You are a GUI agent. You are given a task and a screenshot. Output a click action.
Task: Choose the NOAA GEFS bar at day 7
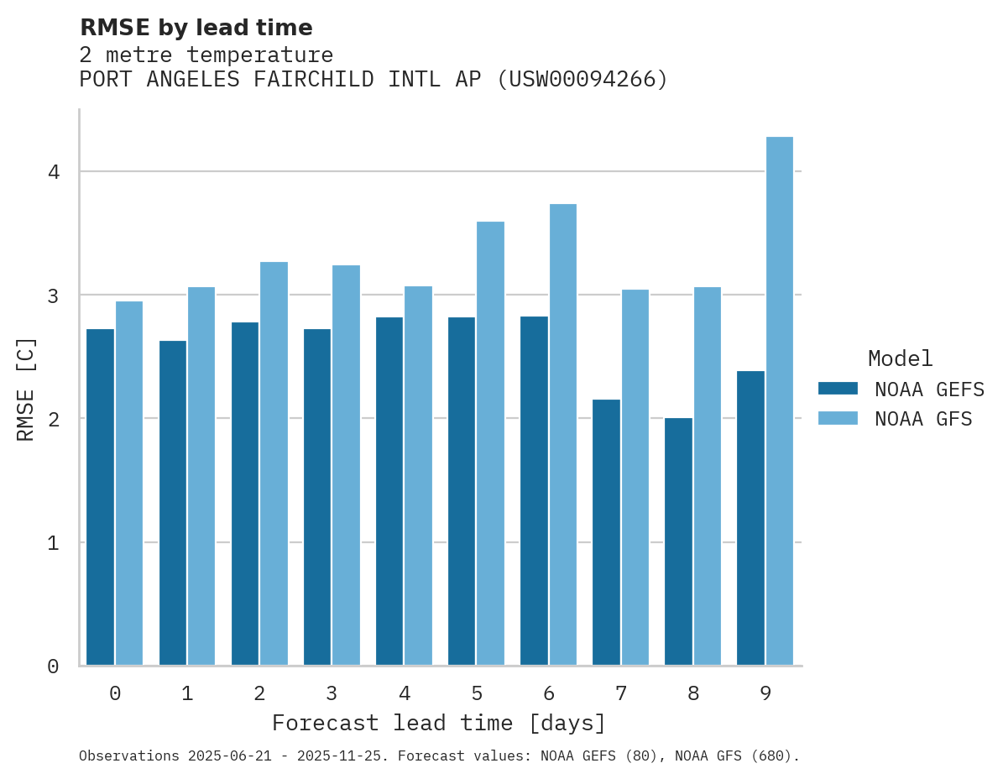(606, 532)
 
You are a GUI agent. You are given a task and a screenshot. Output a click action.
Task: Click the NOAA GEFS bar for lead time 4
(389, 491)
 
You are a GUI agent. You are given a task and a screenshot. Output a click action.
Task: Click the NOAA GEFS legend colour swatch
(838, 389)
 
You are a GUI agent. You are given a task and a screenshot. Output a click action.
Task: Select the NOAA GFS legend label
(923, 419)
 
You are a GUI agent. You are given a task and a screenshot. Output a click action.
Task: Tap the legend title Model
(900, 358)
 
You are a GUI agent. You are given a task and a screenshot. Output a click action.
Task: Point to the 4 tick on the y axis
(53, 172)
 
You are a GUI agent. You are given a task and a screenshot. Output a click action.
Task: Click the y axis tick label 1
(53, 543)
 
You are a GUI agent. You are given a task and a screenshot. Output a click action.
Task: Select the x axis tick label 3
(332, 693)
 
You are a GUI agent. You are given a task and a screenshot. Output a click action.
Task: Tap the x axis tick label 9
(765, 693)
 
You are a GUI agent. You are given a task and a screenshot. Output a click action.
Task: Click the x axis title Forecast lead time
(438, 723)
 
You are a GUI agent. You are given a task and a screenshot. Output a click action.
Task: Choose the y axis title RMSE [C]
(26, 389)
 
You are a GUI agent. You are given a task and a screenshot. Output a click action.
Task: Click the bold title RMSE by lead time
(196, 28)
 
